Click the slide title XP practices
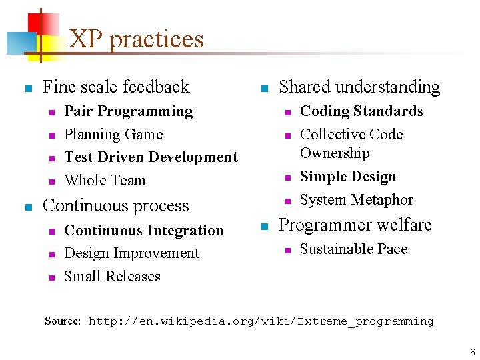click(x=136, y=39)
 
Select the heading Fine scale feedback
click(x=116, y=87)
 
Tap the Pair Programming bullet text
click(x=128, y=111)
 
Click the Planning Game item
click(x=113, y=135)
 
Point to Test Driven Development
click(x=151, y=157)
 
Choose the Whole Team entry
click(x=105, y=181)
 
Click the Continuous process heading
click(x=116, y=206)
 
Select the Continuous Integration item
click(x=143, y=231)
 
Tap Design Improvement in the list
click(x=131, y=253)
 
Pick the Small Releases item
click(x=112, y=277)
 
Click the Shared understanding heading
click(x=359, y=87)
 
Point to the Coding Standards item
click(x=361, y=111)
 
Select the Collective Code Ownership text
click(x=351, y=144)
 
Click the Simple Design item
click(x=348, y=177)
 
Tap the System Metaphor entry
click(x=357, y=200)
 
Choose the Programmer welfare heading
click(x=355, y=225)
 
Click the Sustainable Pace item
click(x=353, y=249)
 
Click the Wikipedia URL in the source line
click(x=261, y=321)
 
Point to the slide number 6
click(x=471, y=352)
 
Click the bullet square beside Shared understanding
click(x=263, y=89)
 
